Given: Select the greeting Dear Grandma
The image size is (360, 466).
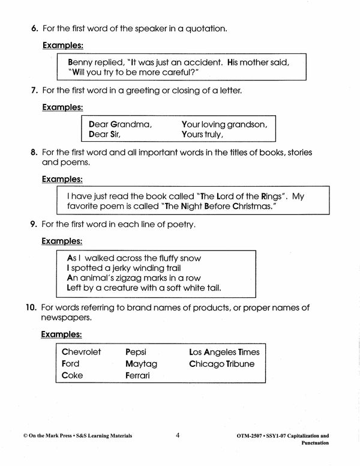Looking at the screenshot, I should coord(120,125).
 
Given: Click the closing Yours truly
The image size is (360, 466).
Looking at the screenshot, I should coord(202,135).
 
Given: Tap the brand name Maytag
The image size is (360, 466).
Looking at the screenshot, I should coord(141,364).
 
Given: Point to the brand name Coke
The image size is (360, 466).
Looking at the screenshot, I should coord(73,375).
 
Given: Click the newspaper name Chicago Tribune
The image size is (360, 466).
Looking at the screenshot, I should coord(221,364).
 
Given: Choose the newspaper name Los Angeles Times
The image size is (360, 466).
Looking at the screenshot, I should coord(224,352).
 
